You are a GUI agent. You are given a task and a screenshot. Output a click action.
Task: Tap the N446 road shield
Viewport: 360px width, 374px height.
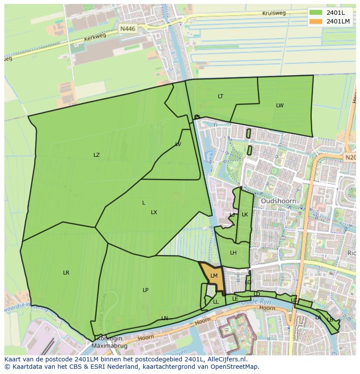click(x=128, y=29)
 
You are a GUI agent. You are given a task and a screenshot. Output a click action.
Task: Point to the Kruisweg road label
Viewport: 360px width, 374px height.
click(x=274, y=13)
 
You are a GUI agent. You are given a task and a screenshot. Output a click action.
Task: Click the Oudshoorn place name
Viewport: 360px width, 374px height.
click(x=278, y=201)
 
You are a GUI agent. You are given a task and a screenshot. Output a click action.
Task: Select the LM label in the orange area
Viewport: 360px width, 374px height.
click(x=213, y=276)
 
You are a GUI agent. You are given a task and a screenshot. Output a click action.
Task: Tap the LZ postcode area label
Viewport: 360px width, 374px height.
click(x=97, y=155)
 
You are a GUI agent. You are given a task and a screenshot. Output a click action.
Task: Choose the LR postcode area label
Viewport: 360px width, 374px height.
click(x=66, y=273)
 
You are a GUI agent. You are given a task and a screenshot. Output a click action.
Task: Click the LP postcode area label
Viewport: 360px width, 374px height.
click(x=145, y=290)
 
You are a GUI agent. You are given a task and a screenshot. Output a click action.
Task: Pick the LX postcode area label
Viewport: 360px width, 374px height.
click(x=154, y=212)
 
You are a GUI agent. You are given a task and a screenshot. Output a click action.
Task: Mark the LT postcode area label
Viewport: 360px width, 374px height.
click(x=220, y=96)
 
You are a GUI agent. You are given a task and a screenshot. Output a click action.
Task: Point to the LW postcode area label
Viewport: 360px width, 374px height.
click(x=280, y=106)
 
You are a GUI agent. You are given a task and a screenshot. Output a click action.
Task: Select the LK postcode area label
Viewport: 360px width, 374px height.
click(x=245, y=215)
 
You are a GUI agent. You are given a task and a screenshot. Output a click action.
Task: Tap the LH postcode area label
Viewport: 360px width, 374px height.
click(x=233, y=253)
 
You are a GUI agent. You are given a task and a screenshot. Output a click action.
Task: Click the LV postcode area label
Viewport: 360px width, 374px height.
click(x=178, y=144)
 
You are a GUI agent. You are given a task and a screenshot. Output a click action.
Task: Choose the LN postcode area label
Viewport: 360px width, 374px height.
click(x=164, y=318)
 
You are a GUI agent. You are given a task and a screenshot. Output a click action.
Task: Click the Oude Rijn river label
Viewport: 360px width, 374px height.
click(x=262, y=301)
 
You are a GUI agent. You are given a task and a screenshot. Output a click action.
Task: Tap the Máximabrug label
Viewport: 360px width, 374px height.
click(x=107, y=346)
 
